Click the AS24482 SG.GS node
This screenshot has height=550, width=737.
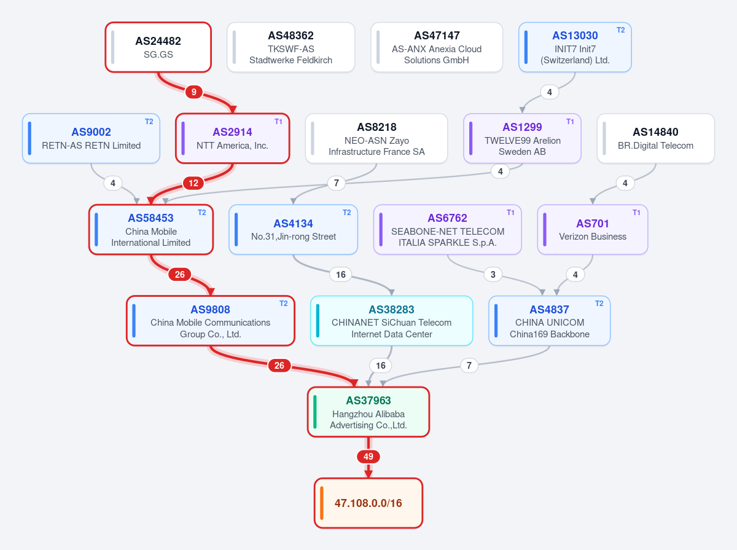click(158, 47)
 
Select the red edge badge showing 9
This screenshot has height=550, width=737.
click(193, 92)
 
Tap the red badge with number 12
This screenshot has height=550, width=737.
click(193, 183)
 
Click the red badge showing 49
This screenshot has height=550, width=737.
click(368, 457)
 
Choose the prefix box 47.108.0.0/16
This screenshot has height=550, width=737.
click(368, 503)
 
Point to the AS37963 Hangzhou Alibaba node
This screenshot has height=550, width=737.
click(368, 412)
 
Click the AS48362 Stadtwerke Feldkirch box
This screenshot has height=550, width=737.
click(291, 47)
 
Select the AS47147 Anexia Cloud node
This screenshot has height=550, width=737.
click(437, 47)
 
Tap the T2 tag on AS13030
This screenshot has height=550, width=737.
click(620, 30)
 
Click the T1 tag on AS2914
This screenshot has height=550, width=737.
click(278, 122)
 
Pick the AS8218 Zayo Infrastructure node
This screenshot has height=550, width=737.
click(376, 138)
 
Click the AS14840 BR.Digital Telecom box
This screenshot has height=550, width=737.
click(655, 138)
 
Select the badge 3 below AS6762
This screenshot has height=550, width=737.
click(493, 275)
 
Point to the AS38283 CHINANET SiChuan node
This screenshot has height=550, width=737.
click(391, 321)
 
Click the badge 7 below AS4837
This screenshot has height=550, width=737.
click(469, 365)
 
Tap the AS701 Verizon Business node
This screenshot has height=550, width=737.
click(593, 229)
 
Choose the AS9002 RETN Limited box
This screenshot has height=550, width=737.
click(91, 138)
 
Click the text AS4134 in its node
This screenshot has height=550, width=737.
click(293, 224)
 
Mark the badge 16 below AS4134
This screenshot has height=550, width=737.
click(341, 275)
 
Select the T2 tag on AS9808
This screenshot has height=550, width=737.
click(283, 304)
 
